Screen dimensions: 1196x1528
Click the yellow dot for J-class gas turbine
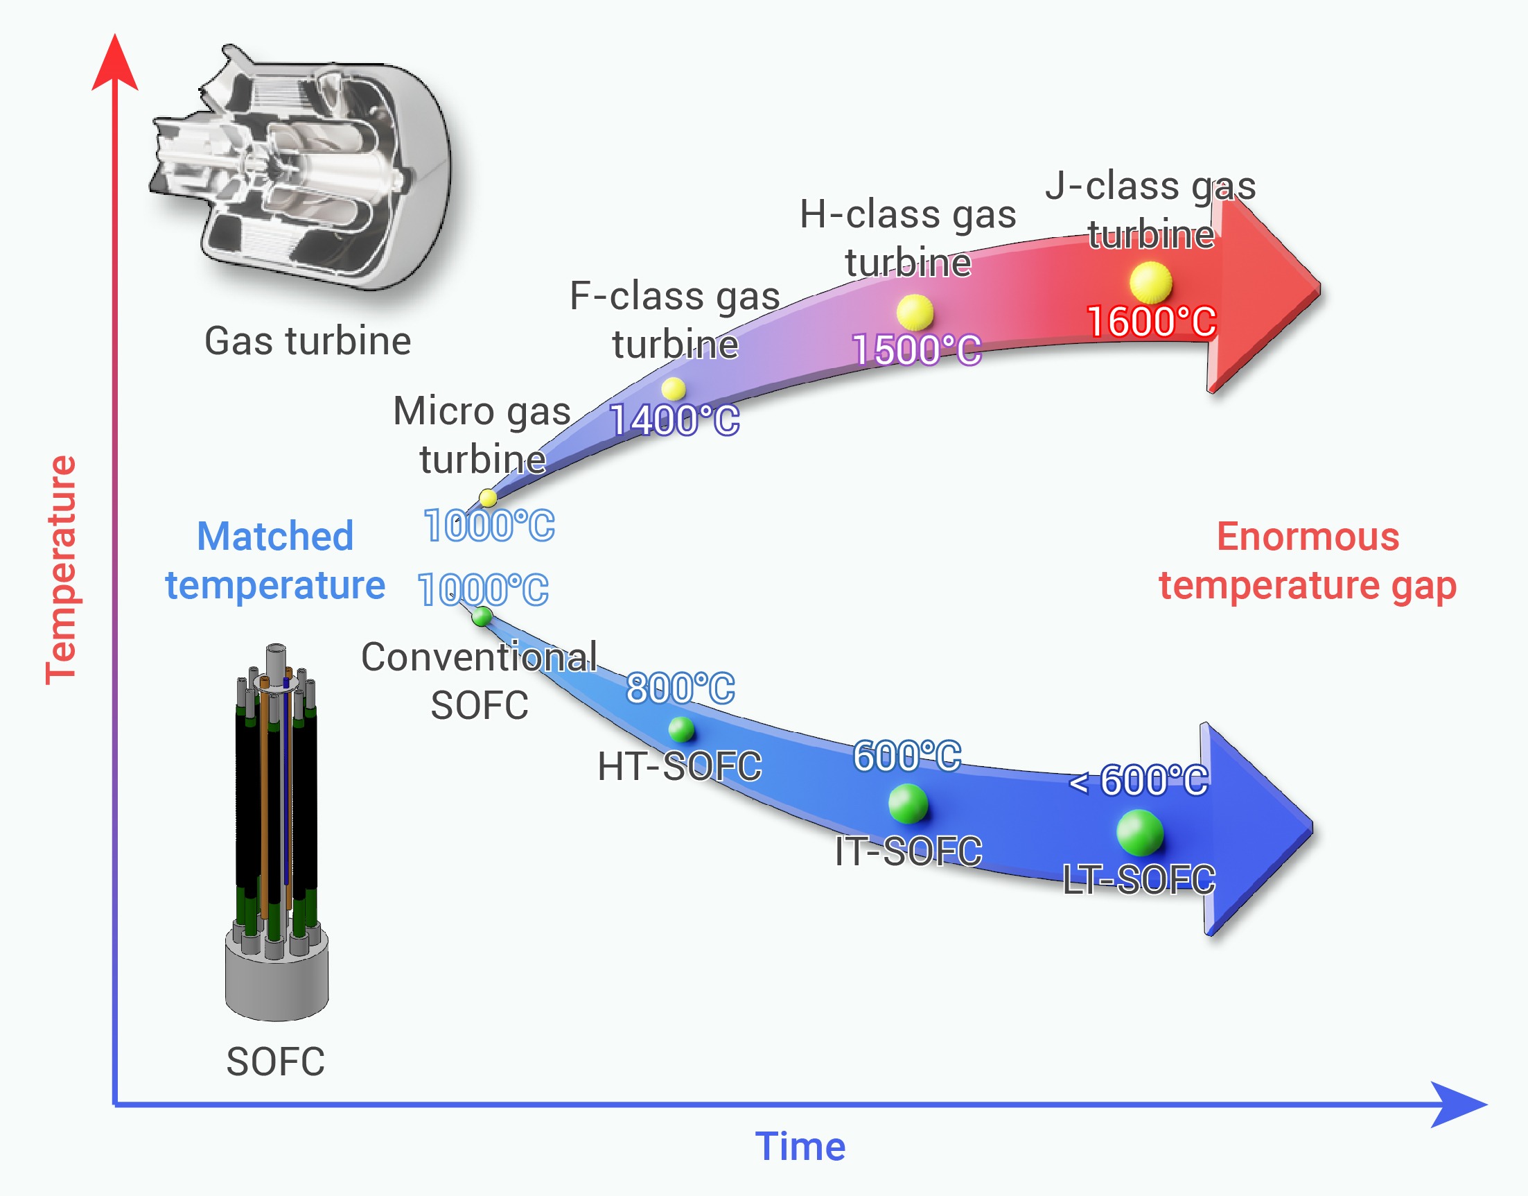click(x=1150, y=283)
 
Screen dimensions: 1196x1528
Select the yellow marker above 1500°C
click(x=914, y=311)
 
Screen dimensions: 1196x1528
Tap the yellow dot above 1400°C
click(x=673, y=389)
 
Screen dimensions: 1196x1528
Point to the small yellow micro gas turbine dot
click(x=488, y=498)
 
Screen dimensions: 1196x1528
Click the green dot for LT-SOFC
click(x=1139, y=833)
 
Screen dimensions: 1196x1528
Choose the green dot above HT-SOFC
click(x=680, y=729)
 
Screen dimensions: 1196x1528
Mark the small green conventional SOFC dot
click(x=482, y=616)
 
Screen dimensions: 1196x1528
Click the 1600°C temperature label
click(x=1152, y=322)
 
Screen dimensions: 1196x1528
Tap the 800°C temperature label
click(x=680, y=688)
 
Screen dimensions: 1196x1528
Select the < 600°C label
click(x=1139, y=780)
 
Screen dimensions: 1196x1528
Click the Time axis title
click(x=800, y=1147)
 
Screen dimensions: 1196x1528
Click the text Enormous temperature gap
click(x=1307, y=560)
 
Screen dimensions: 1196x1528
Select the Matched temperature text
click(x=275, y=560)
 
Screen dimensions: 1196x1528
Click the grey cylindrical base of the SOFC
click(x=276, y=980)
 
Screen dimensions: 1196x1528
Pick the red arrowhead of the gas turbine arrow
click(x=1267, y=291)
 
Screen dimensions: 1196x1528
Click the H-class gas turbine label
click(x=908, y=238)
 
